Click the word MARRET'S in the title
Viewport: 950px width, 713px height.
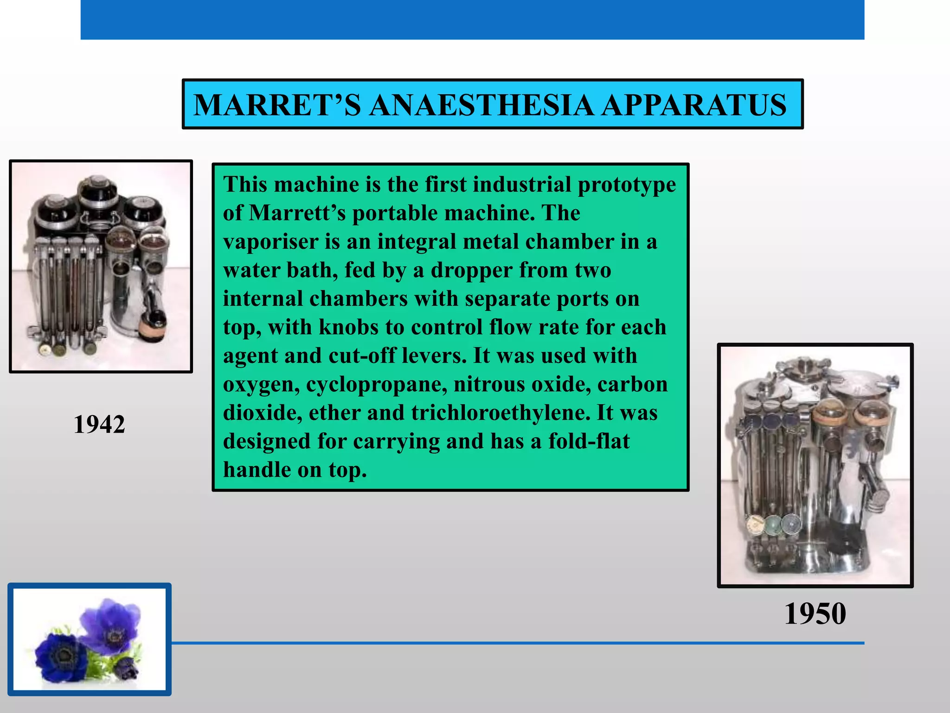277,105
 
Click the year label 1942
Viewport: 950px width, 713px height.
99,424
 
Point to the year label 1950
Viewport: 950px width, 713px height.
815,614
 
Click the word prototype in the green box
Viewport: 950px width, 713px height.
627,185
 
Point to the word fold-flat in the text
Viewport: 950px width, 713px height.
589,441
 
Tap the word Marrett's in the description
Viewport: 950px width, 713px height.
297,213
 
